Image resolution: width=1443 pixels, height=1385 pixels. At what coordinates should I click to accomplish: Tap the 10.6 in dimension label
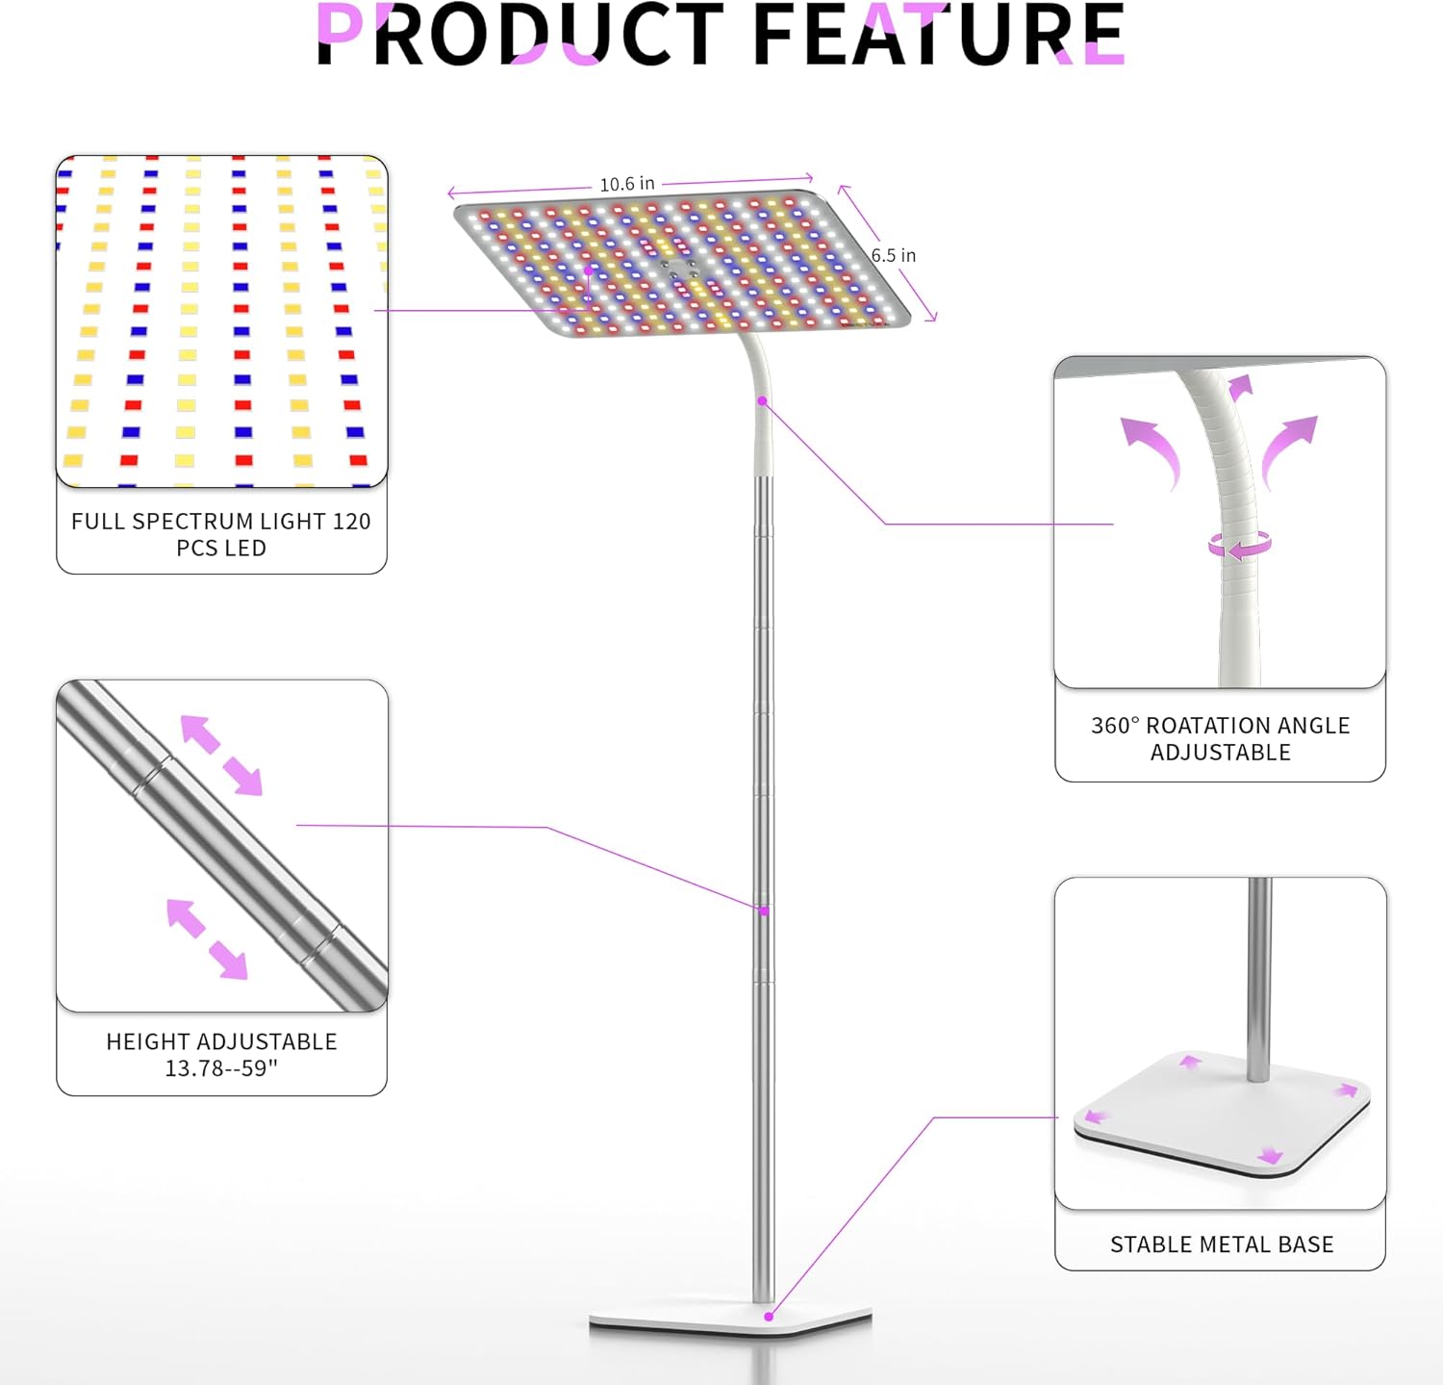coord(627,184)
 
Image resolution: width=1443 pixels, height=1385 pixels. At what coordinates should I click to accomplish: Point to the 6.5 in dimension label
coord(894,255)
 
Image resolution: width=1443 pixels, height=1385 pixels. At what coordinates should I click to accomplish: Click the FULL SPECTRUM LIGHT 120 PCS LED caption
coord(221,534)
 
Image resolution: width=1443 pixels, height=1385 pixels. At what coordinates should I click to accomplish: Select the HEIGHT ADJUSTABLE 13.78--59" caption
coord(221,1055)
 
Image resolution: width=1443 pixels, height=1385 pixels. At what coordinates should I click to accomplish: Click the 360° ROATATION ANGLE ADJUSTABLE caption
coord(1220,738)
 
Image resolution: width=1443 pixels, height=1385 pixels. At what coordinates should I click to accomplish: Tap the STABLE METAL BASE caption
coord(1222,1244)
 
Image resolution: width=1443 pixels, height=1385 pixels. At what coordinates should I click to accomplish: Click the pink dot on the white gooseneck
coord(762,400)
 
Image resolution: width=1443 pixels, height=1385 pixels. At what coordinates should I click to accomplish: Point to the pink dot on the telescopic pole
coord(764,911)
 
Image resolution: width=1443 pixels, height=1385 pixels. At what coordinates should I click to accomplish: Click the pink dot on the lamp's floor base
coord(769,1316)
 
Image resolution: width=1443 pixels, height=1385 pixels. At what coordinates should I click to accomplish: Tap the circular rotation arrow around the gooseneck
coord(1240,546)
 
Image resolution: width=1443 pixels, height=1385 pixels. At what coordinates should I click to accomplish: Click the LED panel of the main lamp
coord(681,262)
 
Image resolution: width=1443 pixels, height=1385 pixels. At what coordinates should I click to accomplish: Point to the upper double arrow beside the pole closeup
coord(221,755)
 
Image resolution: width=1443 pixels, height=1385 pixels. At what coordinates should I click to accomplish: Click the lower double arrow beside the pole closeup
coord(207,939)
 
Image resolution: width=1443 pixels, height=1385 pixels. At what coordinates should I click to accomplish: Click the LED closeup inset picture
coord(221,321)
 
